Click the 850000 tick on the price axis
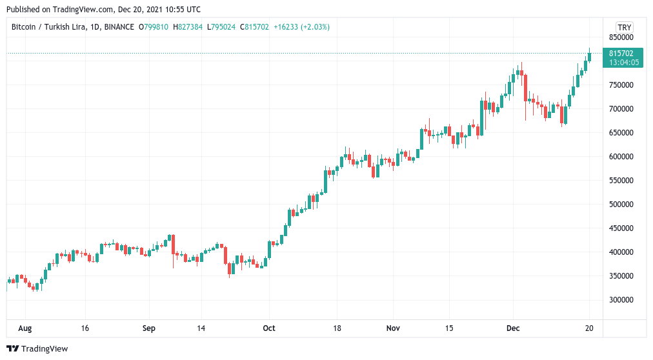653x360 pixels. click(x=621, y=37)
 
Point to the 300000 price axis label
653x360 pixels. click(x=621, y=300)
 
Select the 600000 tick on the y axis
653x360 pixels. click(x=621, y=157)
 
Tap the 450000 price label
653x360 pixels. click(x=621, y=228)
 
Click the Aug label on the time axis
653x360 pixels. click(x=25, y=328)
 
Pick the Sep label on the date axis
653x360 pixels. click(x=148, y=328)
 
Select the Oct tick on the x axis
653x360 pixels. click(x=269, y=328)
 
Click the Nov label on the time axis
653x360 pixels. click(x=392, y=328)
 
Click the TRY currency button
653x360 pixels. click(x=624, y=27)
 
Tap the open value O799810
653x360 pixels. click(x=155, y=27)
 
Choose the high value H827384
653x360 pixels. click(x=189, y=27)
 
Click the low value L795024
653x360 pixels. click(x=223, y=27)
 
